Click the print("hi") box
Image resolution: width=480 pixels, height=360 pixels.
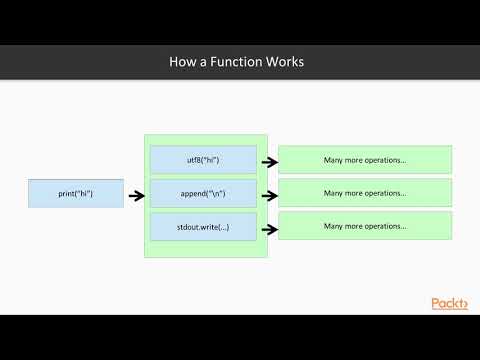click(x=76, y=193)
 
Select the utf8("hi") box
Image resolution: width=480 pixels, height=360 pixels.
click(x=203, y=160)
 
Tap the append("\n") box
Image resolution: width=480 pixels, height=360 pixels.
click(x=203, y=193)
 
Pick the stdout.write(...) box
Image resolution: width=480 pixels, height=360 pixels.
click(x=203, y=226)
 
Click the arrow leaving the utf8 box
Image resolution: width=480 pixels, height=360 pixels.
click(x=268, y=160)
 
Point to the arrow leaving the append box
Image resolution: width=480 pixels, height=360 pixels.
click(x=268, y=193)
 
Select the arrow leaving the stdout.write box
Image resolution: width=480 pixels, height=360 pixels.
click(x=268, y=226)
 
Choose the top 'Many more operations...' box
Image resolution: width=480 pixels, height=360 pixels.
click(x=365, y=160)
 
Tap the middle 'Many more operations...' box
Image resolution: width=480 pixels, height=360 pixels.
click(x=365, y=193)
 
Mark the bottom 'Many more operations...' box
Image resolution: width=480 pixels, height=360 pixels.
click(x=365, y=226)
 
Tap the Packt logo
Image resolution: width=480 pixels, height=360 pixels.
click(x=449, y=303)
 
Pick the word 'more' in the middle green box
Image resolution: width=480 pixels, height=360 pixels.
click(x=355, y=193)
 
